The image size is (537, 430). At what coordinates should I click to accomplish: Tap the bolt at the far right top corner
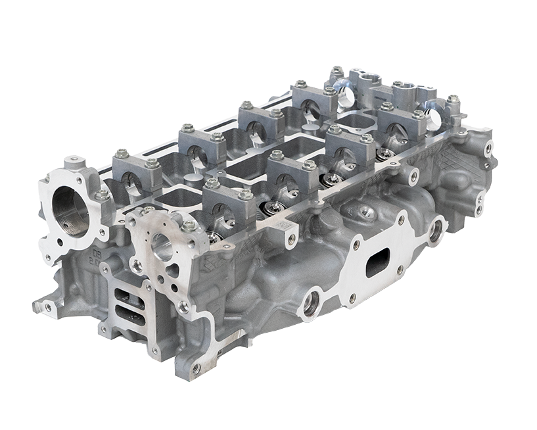453,100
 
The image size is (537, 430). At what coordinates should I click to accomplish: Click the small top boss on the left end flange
75,160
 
